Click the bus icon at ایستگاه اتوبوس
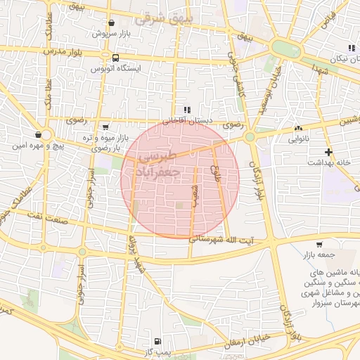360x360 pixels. click(x=115, y=58)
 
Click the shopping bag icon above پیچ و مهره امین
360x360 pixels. click(x=37, y=134)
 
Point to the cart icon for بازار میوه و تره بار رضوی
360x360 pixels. click(x=105, y=127)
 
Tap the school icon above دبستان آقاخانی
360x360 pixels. click(x=187, y=110)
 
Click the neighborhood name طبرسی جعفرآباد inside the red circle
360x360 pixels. click(x=160, y=164)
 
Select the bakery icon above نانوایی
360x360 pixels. click(x=298, y=128)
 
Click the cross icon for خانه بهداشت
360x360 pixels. click(x=328, y=152)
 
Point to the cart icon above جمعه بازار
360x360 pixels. click(x=320, y=245)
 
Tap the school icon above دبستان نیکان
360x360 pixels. click(x=350, y=48)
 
